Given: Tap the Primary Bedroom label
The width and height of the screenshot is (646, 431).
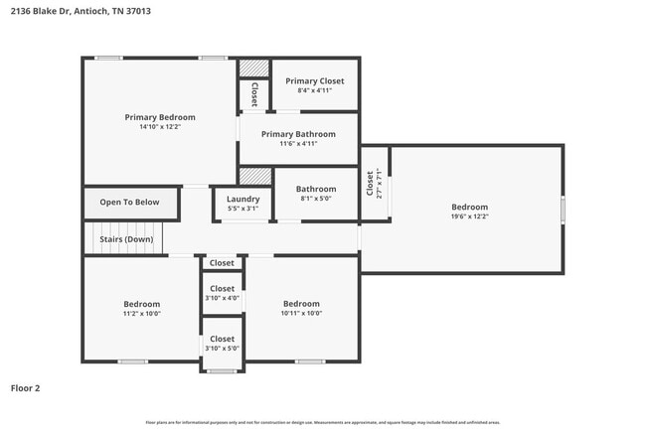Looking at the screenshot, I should [x=159, y=117].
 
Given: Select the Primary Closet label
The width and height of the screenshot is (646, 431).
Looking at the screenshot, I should [x=314, y=80].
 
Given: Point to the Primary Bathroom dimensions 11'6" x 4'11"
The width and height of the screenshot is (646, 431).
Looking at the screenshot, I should [x=298, y=144].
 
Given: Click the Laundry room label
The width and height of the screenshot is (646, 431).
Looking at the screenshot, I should [x=242, y=199].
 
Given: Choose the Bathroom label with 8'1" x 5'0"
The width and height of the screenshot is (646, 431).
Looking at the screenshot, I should [x=315, y=189].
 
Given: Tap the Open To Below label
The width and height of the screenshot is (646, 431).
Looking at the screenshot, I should [x=129, y=203].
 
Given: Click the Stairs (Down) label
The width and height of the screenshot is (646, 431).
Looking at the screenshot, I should [x=125, y=239].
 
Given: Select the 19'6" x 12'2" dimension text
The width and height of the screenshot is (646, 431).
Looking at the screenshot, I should [x=470, y=216].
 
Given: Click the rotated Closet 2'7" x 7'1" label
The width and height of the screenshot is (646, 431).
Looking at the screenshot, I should [x=371, y=184].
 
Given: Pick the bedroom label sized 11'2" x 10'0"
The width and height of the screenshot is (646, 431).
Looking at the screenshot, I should [x=142, y=304].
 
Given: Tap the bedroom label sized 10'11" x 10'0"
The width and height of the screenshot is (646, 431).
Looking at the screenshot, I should [x=301, y=304].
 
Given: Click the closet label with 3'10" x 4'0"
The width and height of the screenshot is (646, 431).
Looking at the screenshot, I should [x=223, y=289].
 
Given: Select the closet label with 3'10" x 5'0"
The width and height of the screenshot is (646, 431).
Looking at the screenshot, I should [x=223, y=340].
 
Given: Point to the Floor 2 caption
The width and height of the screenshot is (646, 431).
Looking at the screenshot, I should [x=26, y=388].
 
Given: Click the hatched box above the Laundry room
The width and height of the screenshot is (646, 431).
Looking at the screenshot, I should [x=255, y=176].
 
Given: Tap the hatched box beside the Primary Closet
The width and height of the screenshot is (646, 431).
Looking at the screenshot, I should [x=253, y=68].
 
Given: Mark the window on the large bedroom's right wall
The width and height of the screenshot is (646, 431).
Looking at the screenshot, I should [x=563, y=210].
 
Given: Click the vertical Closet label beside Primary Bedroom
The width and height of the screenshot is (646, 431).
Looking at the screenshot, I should [x=254, y=94].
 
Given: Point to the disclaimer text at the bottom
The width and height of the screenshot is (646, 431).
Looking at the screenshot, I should [x=322, y=423].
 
